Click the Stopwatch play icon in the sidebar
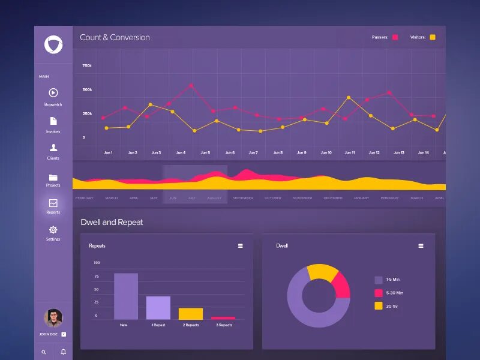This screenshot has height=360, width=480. [x=53, y=92]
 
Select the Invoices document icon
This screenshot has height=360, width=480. [x=53, y=121]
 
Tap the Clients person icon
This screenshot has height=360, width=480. [x=53, y=147]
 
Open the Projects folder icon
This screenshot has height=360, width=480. [x=53, y=177]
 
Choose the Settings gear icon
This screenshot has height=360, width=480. [x=53, y=230]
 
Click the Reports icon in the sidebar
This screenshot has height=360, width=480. [x=53, y=203]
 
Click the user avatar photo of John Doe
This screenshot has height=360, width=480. [x=53, y=317]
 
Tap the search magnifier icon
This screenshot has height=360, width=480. [x=44, y=352]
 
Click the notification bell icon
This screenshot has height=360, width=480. [x=63, y=352]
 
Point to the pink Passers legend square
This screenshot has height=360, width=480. [x=395, y=37]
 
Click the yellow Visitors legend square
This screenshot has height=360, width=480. [x=433, y=37]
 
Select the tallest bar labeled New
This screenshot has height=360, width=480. [x=126, y=296]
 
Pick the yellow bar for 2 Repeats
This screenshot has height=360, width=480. [x=191, y=313]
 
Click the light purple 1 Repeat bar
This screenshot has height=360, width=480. [x=158, y=308]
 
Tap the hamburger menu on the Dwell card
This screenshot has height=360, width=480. [x=421, y=246]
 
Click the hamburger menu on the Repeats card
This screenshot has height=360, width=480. [x=241, y=246]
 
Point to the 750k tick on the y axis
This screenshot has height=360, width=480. [x=87, y=65]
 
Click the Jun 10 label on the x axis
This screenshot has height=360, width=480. [x=326, y=152]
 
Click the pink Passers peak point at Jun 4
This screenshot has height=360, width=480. [x=191, y=85]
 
